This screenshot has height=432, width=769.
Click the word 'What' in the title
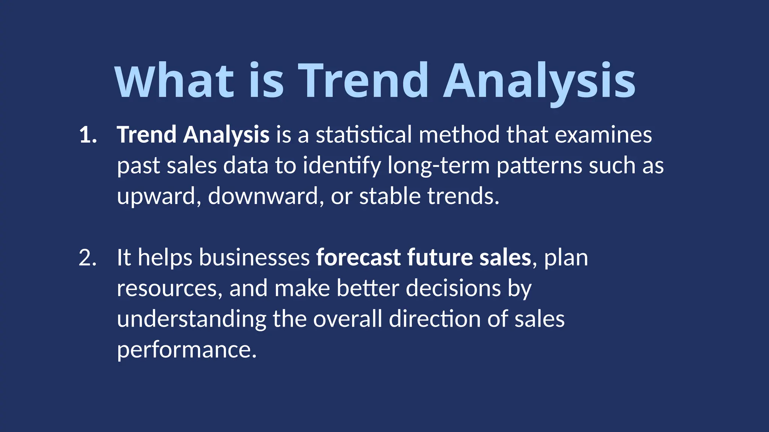[175, 81]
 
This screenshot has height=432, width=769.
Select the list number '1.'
[88, 135]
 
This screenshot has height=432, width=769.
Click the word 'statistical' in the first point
[363, 135]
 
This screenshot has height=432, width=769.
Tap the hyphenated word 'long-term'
[439, 166]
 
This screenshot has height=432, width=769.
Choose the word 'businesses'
[254, 258]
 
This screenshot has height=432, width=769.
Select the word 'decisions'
[453, 288]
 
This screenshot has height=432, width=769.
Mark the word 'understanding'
[191, 319]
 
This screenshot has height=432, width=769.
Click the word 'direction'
[435, 319]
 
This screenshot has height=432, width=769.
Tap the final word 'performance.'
[187, 350]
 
